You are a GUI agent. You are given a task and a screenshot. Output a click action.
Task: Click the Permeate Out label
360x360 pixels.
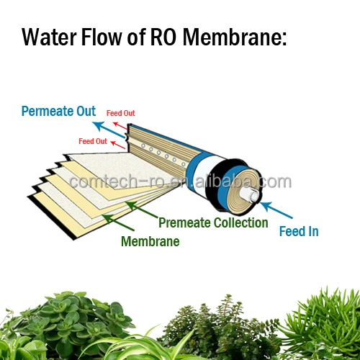click(58, 112)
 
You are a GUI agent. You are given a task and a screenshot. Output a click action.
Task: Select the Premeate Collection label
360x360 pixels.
click(212, 222)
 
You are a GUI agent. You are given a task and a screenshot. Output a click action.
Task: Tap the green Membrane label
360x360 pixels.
click(150, 241)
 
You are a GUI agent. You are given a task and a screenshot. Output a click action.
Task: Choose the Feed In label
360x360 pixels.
click(298, 230)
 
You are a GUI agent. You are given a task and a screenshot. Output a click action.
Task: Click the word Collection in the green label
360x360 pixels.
click(240, 222)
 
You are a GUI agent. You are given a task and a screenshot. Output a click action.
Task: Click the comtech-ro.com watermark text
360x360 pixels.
click(180, 181)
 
